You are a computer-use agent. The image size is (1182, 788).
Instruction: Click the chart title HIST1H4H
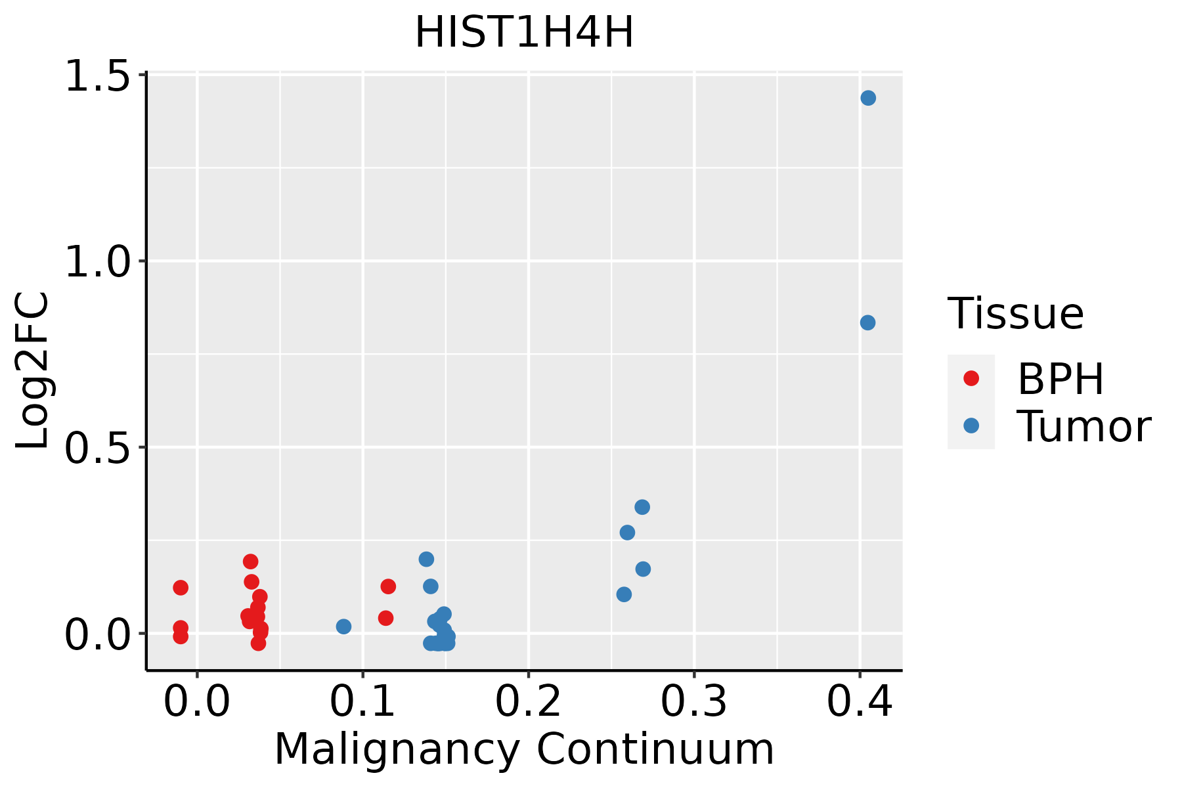(x=524, y=33)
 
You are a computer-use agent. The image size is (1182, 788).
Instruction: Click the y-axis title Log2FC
(x=33, y=371)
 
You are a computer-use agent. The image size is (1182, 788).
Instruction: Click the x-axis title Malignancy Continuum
(x=524, y=749)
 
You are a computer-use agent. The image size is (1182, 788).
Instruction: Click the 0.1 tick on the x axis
(x=362, y=701)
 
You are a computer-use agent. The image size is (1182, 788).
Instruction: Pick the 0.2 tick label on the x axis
(x=528, y=701)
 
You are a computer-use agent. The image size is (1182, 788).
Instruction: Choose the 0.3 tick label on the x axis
(x=693, y=701)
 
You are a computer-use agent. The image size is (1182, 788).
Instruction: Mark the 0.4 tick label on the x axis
(x=859, y=701)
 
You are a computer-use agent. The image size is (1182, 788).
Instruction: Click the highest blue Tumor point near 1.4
(x=868, y=98)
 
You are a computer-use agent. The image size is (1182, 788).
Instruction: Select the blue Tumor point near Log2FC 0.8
(x=867, y=322)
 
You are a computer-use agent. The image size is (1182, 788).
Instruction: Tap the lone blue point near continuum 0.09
(x=343, y=626)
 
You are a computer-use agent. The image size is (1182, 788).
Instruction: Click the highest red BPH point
(x=250, y=561)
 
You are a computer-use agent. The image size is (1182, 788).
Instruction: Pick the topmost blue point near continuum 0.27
(x=642, y=507)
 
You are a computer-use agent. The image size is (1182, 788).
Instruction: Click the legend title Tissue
(x=1015, y=314)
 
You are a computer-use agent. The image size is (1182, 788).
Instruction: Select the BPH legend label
(x=1061, y=379)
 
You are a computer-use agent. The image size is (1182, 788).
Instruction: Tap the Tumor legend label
(x=1083, y=427)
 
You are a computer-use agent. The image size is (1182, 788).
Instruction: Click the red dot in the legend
(x=971, y=378)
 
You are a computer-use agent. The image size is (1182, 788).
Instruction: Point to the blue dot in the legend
(x=971, y=426)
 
